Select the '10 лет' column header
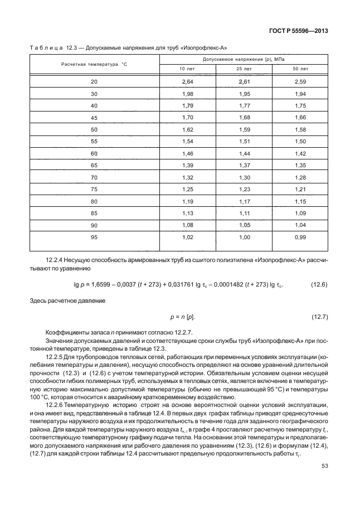click(187, 69)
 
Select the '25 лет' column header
click(244, 69)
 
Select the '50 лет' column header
click(300, 69)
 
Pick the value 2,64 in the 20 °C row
click(187, 82)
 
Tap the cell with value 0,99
click(300, 237)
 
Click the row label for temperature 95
click(94, 237)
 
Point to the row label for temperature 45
click(94, 118)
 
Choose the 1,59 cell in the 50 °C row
click(244, 130)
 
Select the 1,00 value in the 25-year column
click(244, 237)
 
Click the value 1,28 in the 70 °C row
click(300, 178)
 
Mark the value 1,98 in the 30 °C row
click(187, 94)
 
